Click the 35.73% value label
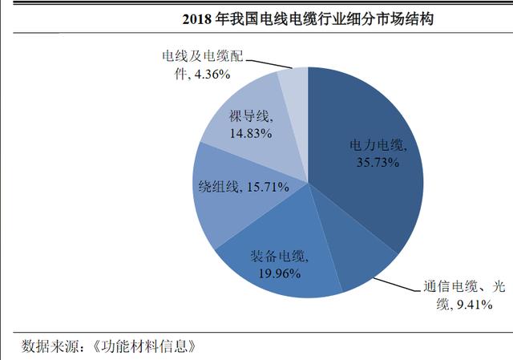click(x=378, y=162)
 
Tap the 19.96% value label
click(x=278, y=273)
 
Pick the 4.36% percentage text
click(x=205, y=75)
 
